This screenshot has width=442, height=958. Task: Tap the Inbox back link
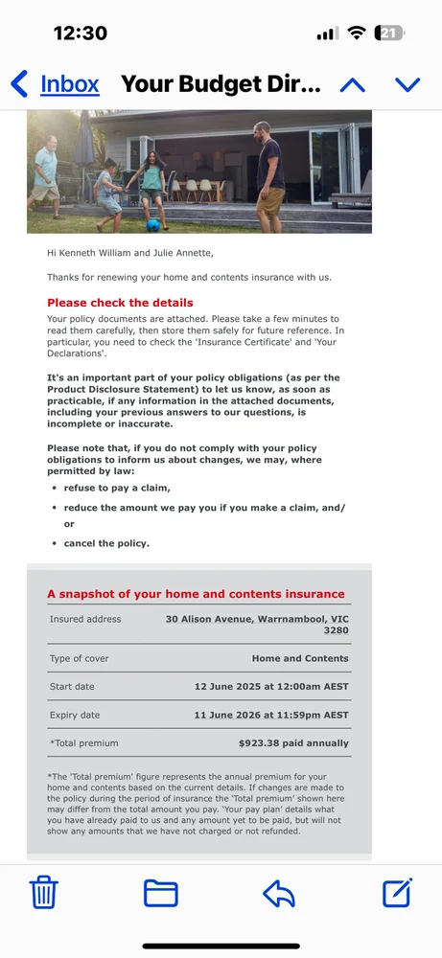[58, 84]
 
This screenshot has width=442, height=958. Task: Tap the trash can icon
[44, 893]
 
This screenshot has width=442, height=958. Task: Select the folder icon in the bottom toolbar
[161, 893]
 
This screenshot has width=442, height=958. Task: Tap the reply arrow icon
[279, 893]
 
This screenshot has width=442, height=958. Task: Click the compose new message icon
[397, 892]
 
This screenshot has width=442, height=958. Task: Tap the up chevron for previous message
[352, 85]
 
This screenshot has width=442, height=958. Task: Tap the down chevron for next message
[407, 85]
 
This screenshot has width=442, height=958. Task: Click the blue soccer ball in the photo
[152, 225]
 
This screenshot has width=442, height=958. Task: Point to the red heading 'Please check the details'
[120, 303]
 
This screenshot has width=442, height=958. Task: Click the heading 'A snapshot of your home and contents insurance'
[196, 594]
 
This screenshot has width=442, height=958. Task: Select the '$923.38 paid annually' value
[293, 743]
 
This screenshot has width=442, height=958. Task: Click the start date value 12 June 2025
[271, 687]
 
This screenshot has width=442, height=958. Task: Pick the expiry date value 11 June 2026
[271, 716]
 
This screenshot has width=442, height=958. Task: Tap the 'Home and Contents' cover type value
[300, 659]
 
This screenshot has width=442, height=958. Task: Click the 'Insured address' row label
[85, 619]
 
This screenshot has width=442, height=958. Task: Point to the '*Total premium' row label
[84, 743]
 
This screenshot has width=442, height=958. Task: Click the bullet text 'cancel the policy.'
[106, 543]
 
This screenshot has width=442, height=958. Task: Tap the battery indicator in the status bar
[389, 33]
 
